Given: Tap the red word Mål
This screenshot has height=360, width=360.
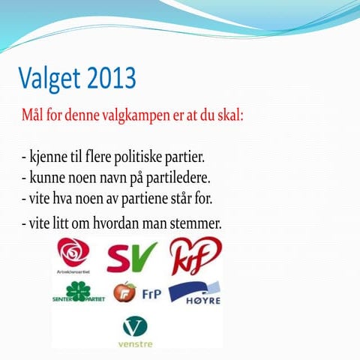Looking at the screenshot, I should coord(34,118).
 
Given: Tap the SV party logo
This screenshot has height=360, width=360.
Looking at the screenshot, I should coord(131,256).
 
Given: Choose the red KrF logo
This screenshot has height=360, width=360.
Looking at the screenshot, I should coord(195,255).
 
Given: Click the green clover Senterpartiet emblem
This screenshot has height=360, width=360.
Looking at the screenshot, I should coord(77,291).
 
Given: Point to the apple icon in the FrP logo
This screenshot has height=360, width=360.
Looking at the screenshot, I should coord(124,292).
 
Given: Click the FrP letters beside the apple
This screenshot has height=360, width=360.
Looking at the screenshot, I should coord(150,292).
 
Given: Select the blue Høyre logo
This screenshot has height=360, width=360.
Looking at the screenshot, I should coord(194,292).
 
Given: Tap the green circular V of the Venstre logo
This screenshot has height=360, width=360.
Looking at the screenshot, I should coord(135,326).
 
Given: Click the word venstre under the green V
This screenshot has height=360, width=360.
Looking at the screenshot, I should coord(135,343).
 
